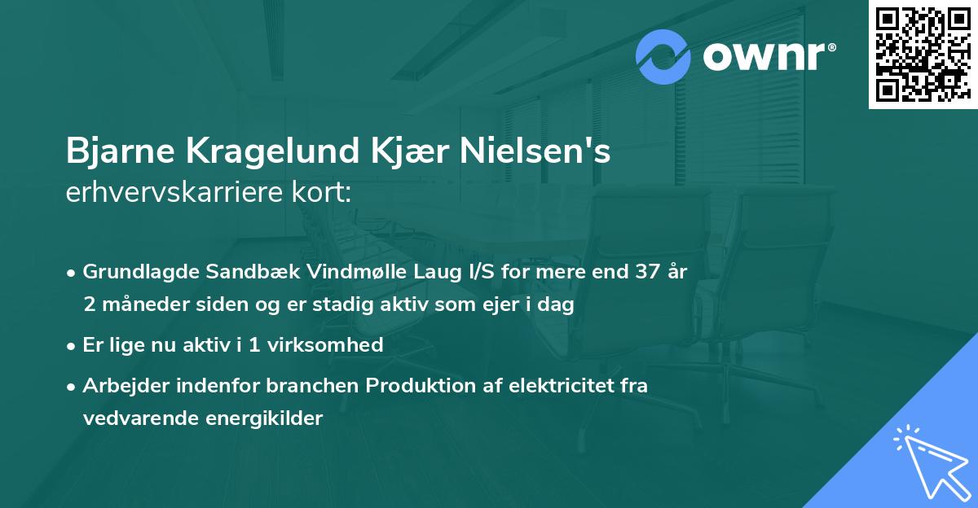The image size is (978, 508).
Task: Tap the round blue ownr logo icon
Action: pos(663,56)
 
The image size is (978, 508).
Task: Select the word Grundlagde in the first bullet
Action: pos(135,273)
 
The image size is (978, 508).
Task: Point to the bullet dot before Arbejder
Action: pos(73,386)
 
